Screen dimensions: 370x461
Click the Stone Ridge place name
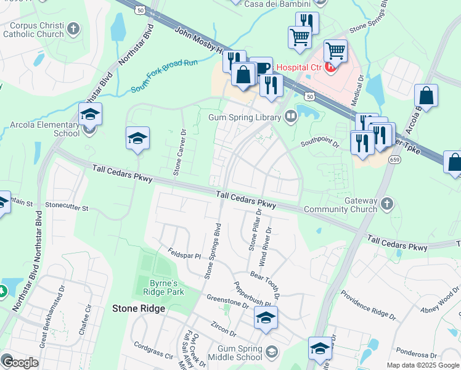click(138, 308)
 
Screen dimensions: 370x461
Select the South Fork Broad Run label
click(164, 77)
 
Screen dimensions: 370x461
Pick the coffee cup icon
click(261, 67)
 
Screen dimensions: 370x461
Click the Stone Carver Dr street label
click(180, 152)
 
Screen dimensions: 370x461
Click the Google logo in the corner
click(21, 363)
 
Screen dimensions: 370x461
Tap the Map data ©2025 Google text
click(423, 365)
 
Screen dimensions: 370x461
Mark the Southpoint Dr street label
click(319, 144)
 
